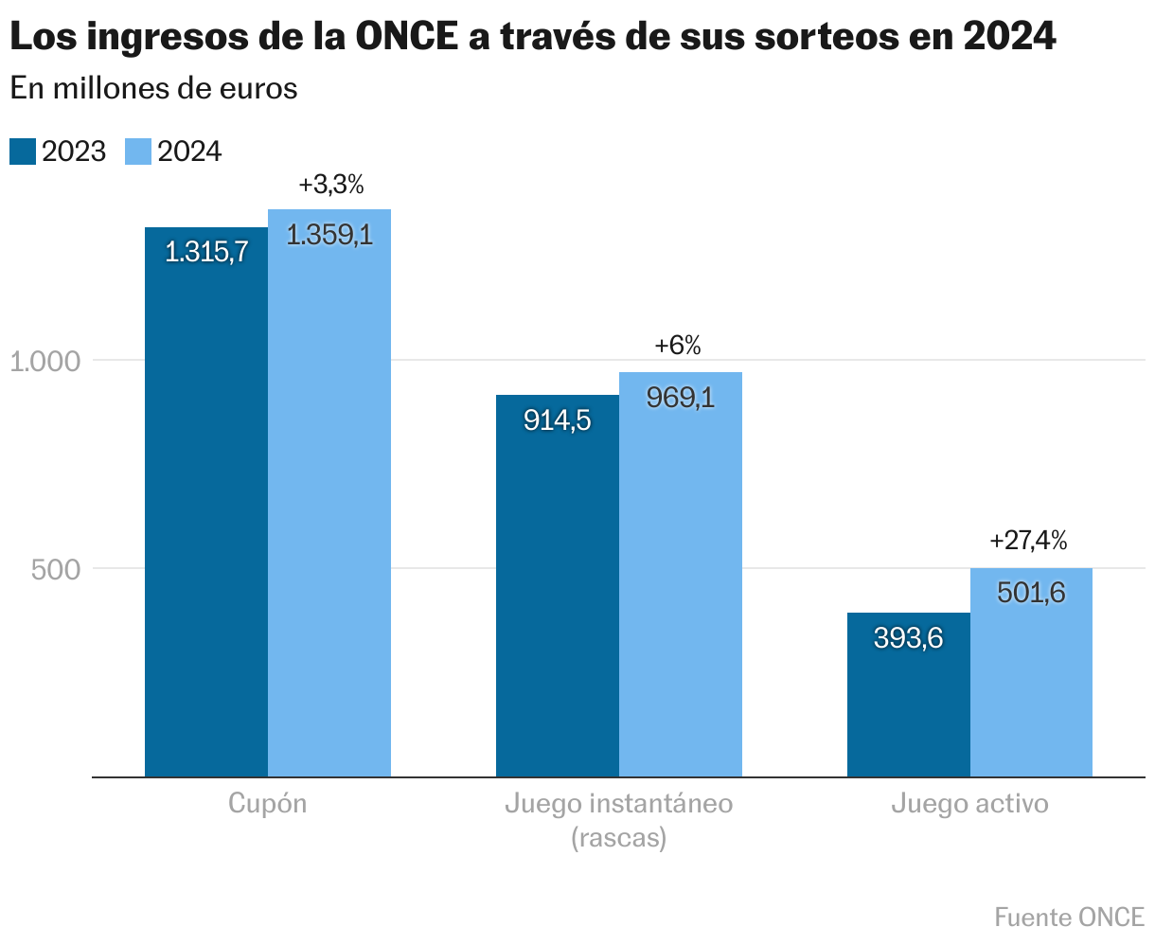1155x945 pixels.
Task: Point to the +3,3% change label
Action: click(x=330, y=185)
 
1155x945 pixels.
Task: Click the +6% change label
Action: click(x=678, y=347)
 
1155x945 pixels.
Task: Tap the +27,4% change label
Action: click(x=1028, y=541)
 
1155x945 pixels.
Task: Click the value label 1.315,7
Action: click(x=205, y=252)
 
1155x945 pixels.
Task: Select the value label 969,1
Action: click(x=680, y=398)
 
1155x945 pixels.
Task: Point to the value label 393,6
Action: click(x=908, y=638)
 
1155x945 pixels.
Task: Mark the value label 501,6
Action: click(x=1031, y=593)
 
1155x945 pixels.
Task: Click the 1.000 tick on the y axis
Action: click(x=47, y=361)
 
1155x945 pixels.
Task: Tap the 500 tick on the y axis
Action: click(x=55, y=569)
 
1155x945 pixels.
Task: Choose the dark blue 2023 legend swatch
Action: click(x=22, y=152)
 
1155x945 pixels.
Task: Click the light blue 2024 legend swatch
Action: click(x=138, y=152)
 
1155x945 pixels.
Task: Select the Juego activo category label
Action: click(x=969, y=804)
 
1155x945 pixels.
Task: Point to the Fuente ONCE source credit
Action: click(x=1069, y=917)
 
